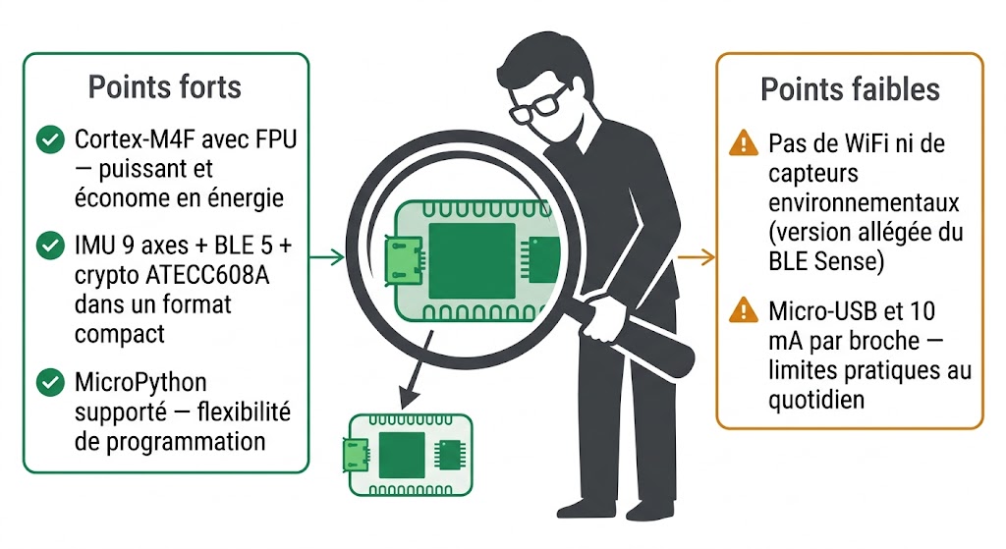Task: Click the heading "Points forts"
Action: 164,87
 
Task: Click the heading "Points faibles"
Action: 850,89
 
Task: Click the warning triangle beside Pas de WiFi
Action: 744,143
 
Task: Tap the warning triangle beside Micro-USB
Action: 744,312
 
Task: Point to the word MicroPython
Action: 140,381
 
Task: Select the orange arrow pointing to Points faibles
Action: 696,257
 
